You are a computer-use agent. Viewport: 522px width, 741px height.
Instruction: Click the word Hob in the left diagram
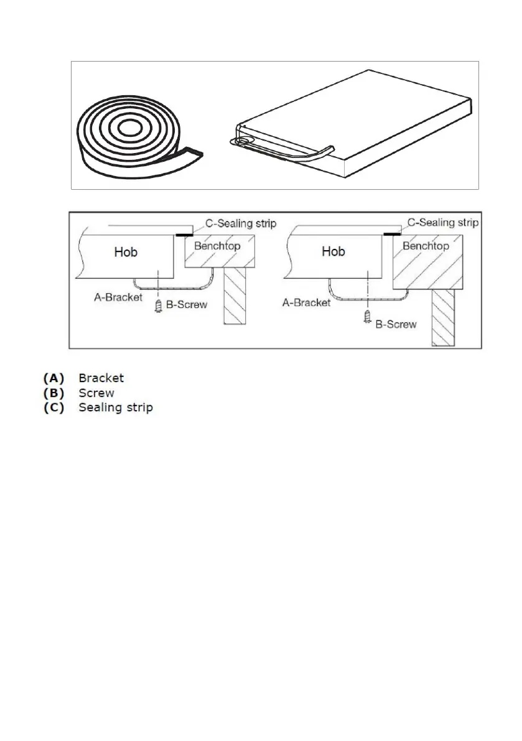(126, 252)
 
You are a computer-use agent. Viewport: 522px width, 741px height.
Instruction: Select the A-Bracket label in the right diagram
(305, 303)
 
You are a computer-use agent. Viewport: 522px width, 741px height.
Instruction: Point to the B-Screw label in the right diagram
(396, 324)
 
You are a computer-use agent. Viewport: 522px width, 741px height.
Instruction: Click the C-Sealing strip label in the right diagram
(442, 222)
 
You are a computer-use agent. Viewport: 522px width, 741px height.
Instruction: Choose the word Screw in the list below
(96, 393)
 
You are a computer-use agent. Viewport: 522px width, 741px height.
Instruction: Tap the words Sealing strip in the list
(115, 408)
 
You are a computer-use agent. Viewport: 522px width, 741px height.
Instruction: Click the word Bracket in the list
(101, 378)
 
